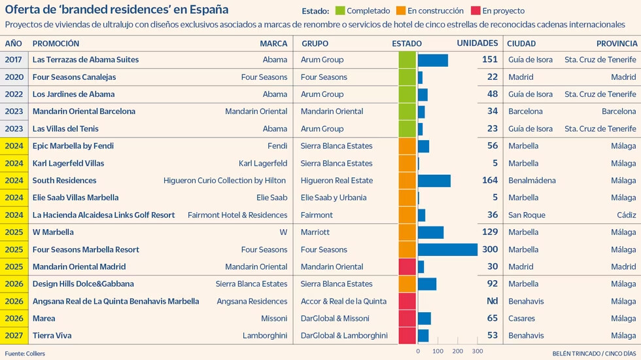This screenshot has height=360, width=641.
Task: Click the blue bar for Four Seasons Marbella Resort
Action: click(447, 249)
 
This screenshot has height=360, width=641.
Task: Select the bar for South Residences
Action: click(434, 181)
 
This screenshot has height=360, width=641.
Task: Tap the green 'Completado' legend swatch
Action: click(339, 10)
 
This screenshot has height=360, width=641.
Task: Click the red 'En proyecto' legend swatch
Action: click(476, 10)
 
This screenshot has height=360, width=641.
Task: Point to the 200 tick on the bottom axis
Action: click(458, 351)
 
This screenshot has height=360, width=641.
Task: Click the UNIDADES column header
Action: click(477, 43)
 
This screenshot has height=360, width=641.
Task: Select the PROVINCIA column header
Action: click(616, 43)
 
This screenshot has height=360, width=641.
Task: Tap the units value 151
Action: click(490, 60)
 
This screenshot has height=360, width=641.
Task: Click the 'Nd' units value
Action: click(492, 301)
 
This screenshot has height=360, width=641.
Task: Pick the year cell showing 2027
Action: click(14, 335)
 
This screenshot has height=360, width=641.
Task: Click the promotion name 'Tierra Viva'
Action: click(52, 335)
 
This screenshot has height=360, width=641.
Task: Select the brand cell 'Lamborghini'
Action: click(265, 335)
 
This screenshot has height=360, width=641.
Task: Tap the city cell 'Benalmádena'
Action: click(532, 181)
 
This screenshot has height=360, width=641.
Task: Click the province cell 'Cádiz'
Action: click(627, 215)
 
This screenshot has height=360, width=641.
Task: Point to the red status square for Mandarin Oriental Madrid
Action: click(407, 267)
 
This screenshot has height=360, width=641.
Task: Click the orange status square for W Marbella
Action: click(407, 232)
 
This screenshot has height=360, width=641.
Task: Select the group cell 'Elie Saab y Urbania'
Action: click(334, 198)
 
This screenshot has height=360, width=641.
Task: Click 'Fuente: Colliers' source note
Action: click(25, 353)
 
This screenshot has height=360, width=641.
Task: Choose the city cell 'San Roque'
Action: click(527, 215)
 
